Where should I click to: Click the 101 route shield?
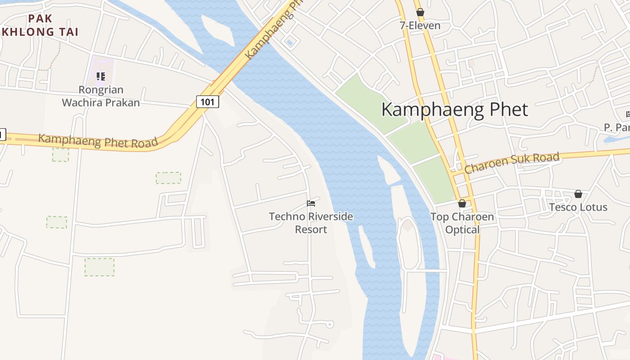[207, 102]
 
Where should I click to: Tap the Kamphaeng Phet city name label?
[454, 110]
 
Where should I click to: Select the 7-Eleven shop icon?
[420, 12]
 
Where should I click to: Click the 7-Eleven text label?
[420, 26]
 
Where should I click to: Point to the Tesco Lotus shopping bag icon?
[578, 194]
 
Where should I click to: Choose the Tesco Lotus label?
[578, 207]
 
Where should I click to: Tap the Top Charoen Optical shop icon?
[462, 203]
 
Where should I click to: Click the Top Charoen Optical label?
[462, 223]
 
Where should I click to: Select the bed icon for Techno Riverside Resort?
[311, 203]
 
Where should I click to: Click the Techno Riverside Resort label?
[311, 223]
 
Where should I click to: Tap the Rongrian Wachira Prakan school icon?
[101, 76]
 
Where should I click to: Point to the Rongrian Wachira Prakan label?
[101, 96]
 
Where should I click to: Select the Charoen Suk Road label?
[512, 163]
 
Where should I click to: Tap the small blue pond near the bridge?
[289, 43]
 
